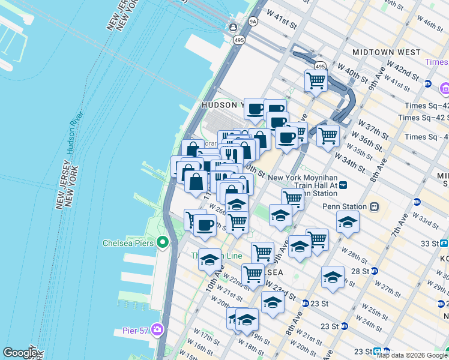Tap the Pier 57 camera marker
click(157, 329)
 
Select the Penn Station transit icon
click(374, 207)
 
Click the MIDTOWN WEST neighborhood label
click(386, 52)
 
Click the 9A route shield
click(253, 22)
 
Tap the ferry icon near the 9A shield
click(233, 27)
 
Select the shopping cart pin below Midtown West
click(316, 80)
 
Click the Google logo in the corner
click(20, 353)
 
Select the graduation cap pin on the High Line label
click(209, 259)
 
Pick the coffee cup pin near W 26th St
click(205, 225)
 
